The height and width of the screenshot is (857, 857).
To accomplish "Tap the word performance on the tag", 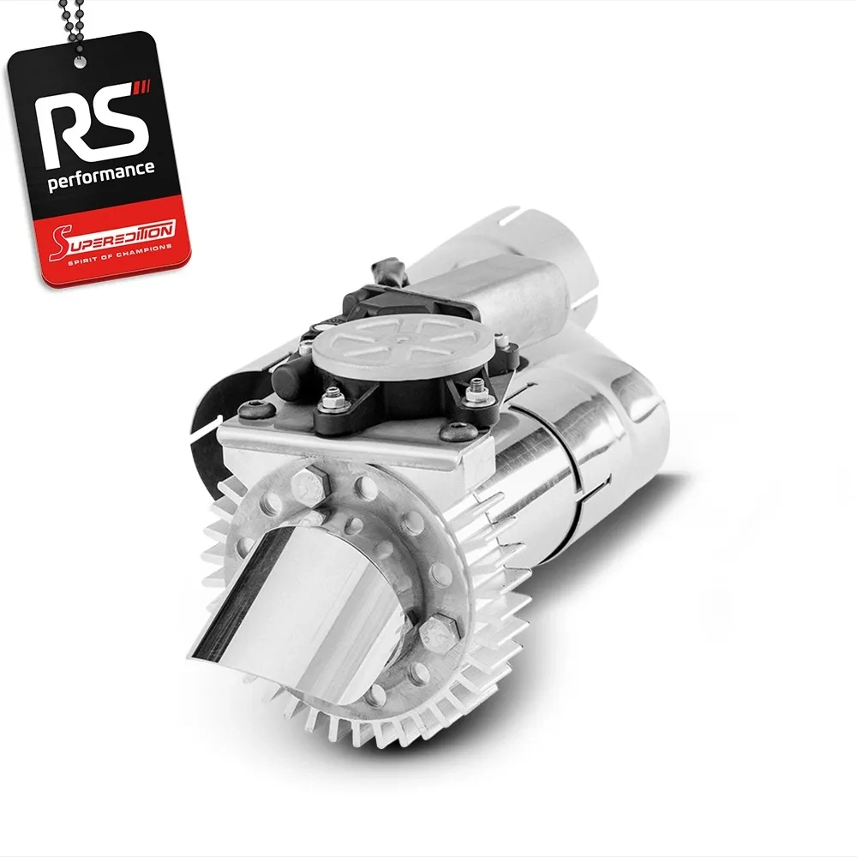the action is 101,176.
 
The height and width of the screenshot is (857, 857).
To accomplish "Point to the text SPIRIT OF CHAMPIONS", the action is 120,255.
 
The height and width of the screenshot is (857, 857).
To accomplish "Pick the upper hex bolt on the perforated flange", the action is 309,482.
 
